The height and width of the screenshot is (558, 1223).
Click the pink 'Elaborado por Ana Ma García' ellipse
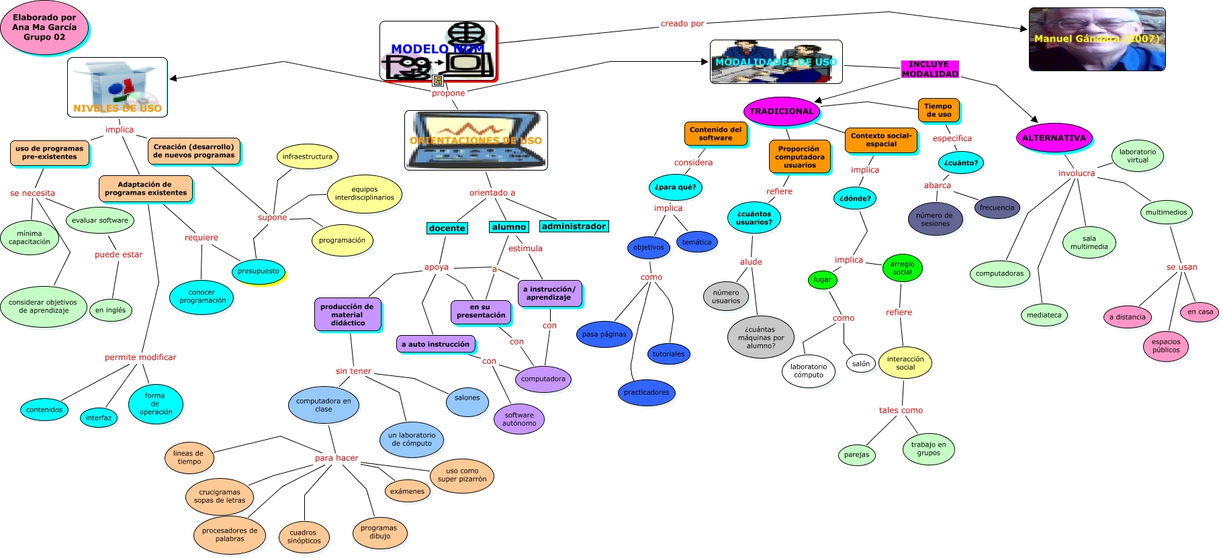point(44,28)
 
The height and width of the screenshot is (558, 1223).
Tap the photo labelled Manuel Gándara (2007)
point(1097,39)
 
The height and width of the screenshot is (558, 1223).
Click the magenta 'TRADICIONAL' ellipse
point(781,111)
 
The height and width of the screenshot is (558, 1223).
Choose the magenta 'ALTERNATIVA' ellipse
point(1054,138)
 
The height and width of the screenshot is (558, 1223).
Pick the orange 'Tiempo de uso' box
point(938,111)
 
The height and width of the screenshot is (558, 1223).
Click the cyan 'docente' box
point(447,228)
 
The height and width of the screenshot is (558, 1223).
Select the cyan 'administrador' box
point(574,227)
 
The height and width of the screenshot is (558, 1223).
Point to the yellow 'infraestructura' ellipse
point(307,157)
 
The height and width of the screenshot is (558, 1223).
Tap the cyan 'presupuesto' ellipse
point(259,271)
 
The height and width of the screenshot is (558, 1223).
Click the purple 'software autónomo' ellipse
point(519,420)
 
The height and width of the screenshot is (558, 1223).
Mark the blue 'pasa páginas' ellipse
point(604,334)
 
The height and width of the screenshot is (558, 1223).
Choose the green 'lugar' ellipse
point(822,280)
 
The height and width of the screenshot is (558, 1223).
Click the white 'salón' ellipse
point(860,364)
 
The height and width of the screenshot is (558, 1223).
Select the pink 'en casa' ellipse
point(1200,312)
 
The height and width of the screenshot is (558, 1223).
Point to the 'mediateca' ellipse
point(1044,315)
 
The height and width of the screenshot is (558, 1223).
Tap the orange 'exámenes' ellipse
point(408,492)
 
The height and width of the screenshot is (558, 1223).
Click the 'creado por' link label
point(682,24)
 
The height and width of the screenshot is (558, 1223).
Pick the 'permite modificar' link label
point(140,357)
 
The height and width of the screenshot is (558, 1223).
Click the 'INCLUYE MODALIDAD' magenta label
point(930,69)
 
